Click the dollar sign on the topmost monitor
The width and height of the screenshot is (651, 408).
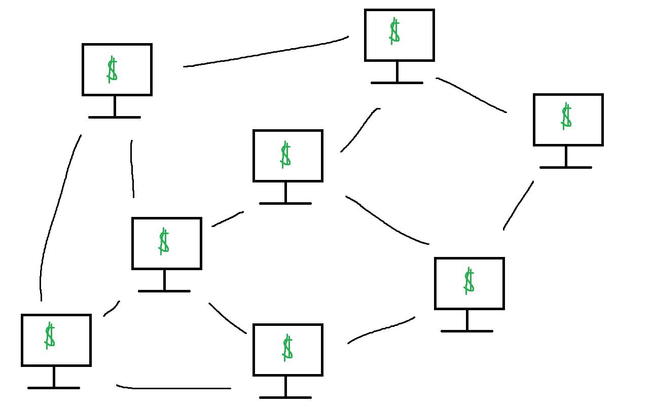[394, 31]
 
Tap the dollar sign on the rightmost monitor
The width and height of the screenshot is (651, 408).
[566, 116]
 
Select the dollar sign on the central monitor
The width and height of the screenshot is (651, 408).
[285, 155]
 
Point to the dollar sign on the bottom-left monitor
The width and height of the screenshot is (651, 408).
[49, 336]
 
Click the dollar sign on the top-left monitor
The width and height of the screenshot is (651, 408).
[112, 70]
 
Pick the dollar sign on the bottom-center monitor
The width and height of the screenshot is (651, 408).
[287, 348]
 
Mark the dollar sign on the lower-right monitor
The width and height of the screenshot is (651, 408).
[469, 281]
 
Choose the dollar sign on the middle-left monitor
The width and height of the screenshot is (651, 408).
[163, 241]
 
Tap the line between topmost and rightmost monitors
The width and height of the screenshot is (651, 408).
[472, 94]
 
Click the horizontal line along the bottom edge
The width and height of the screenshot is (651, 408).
[172, 388]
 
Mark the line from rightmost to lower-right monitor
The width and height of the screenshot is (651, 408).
[518, 205]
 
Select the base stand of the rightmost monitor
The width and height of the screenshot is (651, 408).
[565, 167]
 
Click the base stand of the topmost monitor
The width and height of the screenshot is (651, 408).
[396, 82]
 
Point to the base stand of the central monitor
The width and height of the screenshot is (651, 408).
[285, 203]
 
